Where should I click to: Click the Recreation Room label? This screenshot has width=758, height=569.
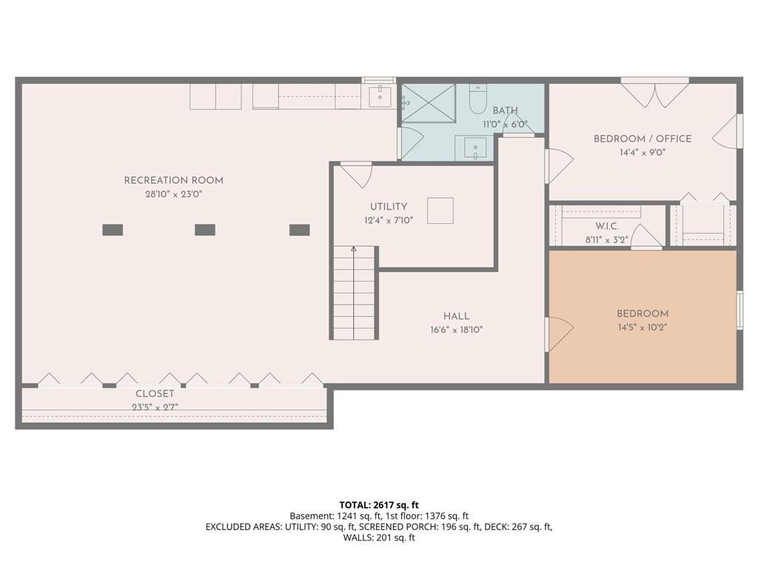[173, 181]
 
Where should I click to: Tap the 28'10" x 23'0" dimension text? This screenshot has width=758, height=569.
[173, 195]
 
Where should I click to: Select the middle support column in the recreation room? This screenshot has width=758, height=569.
[205, 230]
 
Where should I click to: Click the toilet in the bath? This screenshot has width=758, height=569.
[477, 99]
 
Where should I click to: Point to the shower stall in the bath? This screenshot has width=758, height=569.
[429, 103]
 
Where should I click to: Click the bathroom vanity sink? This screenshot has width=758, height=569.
[474, 147]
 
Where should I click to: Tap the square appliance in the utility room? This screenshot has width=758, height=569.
[440, 210]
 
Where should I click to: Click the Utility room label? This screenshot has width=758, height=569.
[389, 207]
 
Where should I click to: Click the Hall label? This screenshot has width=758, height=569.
[456, 316]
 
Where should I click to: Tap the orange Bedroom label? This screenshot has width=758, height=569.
[643, 313]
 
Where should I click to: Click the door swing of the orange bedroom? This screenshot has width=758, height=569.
[560, 334]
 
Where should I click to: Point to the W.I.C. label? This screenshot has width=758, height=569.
[607, 227]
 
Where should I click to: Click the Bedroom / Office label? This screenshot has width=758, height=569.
[643, 139]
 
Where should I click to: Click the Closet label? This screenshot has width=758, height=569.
[155, 394]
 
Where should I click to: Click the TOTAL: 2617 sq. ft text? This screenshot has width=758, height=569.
[379, 505]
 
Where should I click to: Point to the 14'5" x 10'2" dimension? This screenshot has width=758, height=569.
[643, 327]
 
